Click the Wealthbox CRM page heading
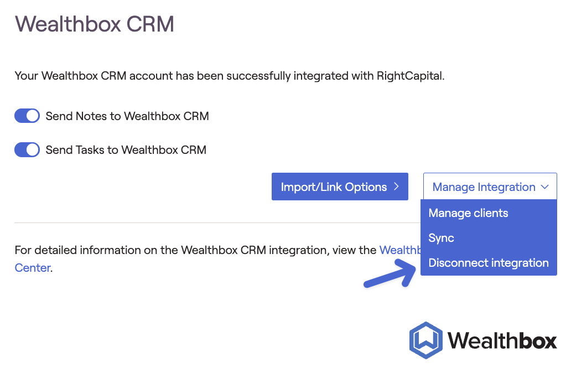click(x=94, y=24)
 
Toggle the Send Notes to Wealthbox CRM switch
click(x=27, y=116)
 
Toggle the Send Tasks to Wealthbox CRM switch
click(x=27, y=150)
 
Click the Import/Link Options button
click(x=340, y=187)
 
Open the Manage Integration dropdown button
click(x=490, y=187)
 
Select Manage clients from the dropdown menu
click(x=468, y=213)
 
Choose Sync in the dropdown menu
click(x=442, y=238)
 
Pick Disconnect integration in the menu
click(x=489, y=263)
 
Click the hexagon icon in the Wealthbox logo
click(x=425, y=340)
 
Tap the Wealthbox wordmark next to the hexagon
click(x=502, y=341)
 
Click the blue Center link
click(x=33, y=268)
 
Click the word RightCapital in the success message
click(x=409, y=76)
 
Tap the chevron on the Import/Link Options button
click(x=397, y=187)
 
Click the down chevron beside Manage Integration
click(x=545, y=187)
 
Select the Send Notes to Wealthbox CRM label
click(x=127, y=116)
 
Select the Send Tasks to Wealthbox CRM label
click(x=126, y=150)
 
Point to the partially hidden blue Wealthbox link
click(x=400, y=250)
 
